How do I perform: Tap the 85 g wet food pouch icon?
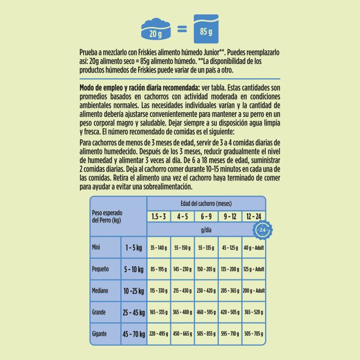click(x=206, y=30)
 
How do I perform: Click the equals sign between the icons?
click(x=182, y=30)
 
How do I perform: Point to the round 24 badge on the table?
click(x=263, y=230)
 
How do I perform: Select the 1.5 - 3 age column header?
click(x=159, y=217)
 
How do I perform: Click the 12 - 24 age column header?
click(x=253, y=217)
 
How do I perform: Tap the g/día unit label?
click(x=206, y=230)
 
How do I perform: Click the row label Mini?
click(x=97, y=247)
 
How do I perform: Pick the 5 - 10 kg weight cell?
click(x=133, y=269)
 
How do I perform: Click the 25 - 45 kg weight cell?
click(x=133, y=312)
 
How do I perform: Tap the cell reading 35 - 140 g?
click(x=159, y=248)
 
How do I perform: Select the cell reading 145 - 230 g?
click(x=182, y=269)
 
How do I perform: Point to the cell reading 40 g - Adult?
click(x=253, y=248)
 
